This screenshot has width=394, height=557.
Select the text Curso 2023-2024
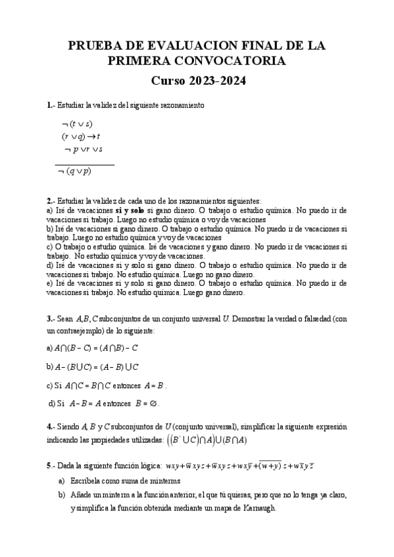tap(197, 81)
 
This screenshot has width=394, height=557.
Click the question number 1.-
tap(51, 105)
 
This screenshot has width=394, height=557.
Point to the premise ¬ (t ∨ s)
tap(77, 123)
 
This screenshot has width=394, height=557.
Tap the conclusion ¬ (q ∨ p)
tap(74, 171)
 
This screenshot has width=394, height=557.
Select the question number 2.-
tap(51, 200)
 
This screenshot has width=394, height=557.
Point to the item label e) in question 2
tap(50, 283)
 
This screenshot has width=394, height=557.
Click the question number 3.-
tap(51, 317)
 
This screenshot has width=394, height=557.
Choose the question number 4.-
tap(51, 426)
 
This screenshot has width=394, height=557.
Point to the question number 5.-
tap(51, 466)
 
